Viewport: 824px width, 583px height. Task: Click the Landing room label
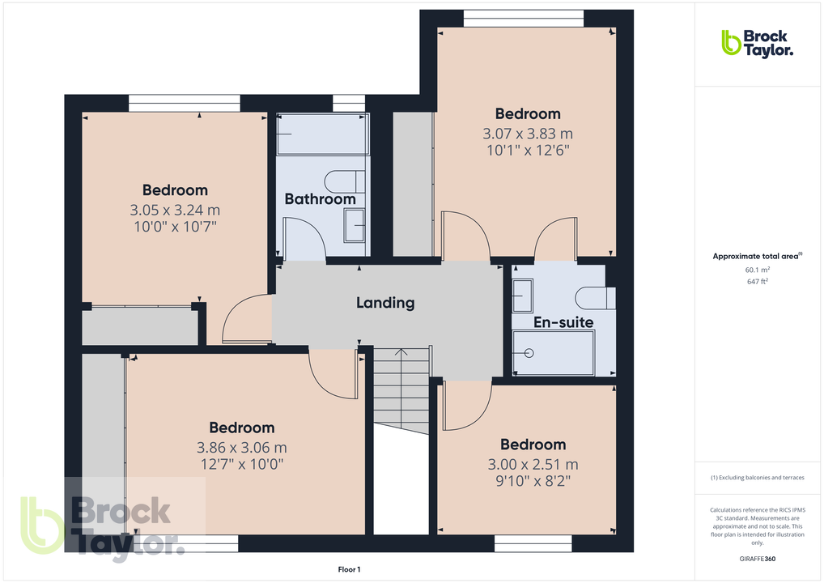[x=385, y=303]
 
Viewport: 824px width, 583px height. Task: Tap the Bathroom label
[x=320, y=199]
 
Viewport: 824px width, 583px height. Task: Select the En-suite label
[x=563, y=322]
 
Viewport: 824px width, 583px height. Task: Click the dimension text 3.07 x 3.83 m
[x=528, y=134]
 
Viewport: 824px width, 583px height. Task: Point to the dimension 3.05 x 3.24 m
[x=175, y=211]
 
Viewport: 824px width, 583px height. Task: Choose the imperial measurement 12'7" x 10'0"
[x=241, y=464]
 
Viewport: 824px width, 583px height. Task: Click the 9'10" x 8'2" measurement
[x=533, y=481]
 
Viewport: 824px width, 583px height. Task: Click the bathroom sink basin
[x=355, y=225]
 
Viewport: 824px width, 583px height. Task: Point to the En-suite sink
[x=522, y=295]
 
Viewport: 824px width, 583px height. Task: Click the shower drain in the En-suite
[x=529, y=353]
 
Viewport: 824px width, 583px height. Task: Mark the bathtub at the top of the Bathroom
[x=322, y=134]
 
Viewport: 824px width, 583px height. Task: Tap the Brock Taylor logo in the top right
[x=757, y=43]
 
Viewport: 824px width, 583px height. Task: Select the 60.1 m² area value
[x=757, y=270]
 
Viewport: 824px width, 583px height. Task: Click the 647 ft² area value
[x=757, y=282]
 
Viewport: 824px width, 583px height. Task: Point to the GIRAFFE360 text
[x=757, y=558]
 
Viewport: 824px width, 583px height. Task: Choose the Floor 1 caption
[x=349, y=570]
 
